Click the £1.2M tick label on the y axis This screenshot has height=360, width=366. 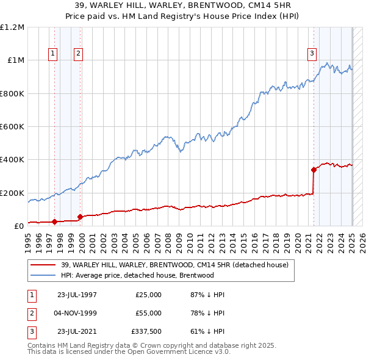(12, 27)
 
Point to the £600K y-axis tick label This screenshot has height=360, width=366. (12, 127)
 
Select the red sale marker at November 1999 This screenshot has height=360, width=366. (80, 217)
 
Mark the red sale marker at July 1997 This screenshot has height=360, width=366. (54, 221)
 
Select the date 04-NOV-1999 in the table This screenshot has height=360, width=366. (77, 313)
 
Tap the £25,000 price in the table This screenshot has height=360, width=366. (148, 295)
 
